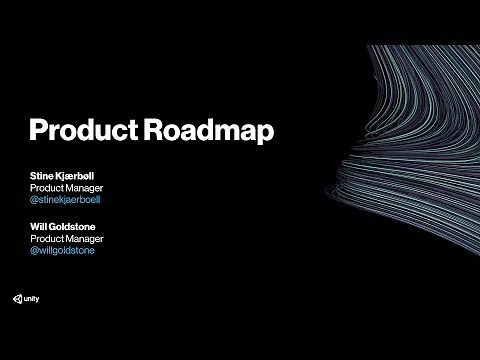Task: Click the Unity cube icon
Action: pyautogui.click(x=18, y=300)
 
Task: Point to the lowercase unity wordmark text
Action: pyautogui.click(x=33, y=300)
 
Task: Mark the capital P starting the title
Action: pyautogui.click(x=38, y=131)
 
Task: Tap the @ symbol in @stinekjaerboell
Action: pyautogui.click(x=35, y=200)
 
